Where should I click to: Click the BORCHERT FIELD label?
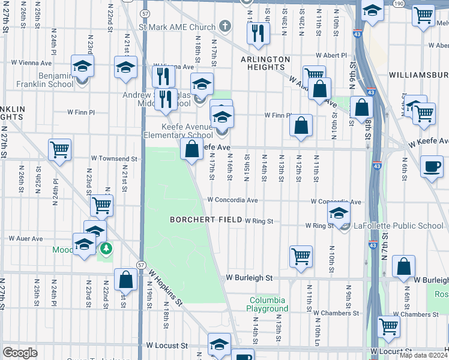point(206,220)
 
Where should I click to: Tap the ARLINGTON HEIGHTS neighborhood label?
point(266,64)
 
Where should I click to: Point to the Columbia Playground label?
point(269,304)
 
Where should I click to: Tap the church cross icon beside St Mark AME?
point(224,26)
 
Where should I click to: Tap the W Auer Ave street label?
point(26,238)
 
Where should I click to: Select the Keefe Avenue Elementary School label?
point(187,131)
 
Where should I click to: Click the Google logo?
point(20,352)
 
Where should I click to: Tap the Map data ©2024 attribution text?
point(424,355)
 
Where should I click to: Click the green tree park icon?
point(106,247)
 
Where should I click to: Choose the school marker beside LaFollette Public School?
point(339,214)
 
